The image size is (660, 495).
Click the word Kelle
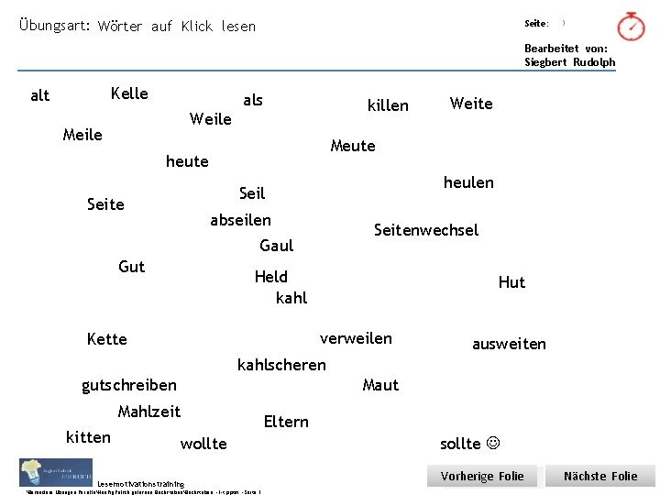tap(129, 93)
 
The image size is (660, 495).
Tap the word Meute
tap(353, 146)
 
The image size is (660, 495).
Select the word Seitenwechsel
tap(426, 230)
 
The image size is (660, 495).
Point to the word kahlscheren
tap(281, 365)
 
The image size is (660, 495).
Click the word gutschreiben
tap(129, 385)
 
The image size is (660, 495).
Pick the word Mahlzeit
tap(149, 412)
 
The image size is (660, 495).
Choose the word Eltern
tap(286, 422)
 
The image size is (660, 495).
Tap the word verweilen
tap(356, 338)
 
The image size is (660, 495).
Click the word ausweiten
tap(509, 344)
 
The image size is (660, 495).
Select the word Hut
tap(511, 282)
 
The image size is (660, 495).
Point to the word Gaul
tap(277, 246)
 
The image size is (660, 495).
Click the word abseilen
tap(241, 220)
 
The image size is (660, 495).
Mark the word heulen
tap(468, 182)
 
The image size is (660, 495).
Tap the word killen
tap(388, 105)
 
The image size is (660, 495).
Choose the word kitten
tap(89, 437)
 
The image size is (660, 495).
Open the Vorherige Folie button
tap(482, 477)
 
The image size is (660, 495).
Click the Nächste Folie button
tap(600, 477)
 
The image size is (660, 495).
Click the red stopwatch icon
tap(631, 27)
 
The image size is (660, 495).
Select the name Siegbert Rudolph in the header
tap(570, 62)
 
